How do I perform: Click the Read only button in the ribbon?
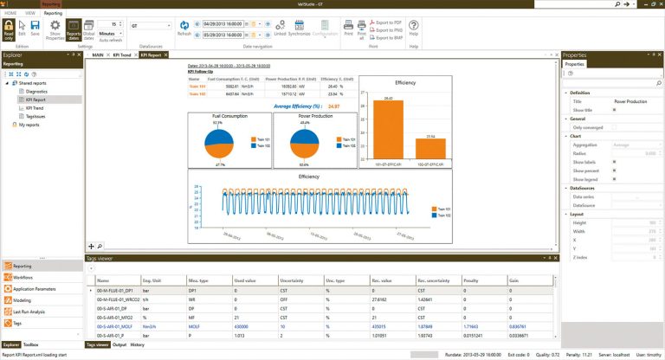click(x=9, y=31)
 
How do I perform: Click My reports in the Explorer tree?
click(x=29, y=125)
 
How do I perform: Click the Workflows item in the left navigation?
click(x=24, y=278)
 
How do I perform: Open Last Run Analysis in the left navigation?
click(x=29, y=311)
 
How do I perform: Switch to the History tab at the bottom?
click(x=138, y=344)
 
